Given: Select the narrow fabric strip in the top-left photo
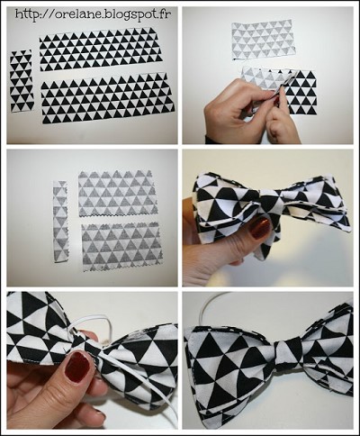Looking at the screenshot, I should pyautogui.click(x=22, y=81).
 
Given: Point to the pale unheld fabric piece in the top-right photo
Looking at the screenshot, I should pyautogui.click(x=263, y=40).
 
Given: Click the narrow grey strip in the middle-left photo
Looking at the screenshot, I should pyautogui.click(x=60, y=221).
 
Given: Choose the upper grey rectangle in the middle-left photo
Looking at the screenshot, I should pyautogui.click(x=117, y=193).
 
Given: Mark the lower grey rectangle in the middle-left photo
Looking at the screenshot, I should pyautogui.click(x=121, y=246).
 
